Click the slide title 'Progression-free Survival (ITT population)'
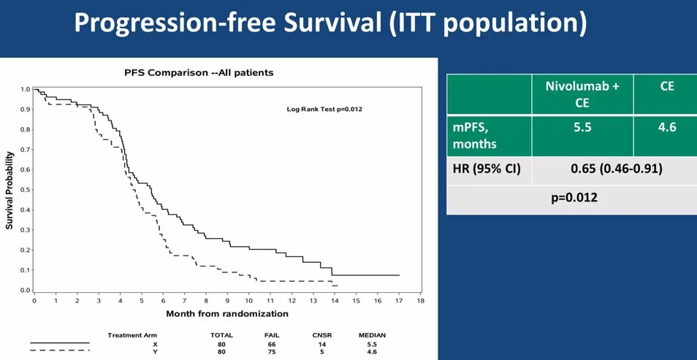coord(330,24)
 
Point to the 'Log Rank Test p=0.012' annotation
coord(324,109)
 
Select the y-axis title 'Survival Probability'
coord(9,191)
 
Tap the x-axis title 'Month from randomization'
coord(227,313)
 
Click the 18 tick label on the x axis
coord(420,300)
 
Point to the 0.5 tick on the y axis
coord(26,190)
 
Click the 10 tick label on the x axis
coord(248,300)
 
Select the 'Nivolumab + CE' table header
coord(582,94)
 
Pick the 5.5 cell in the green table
coord(582,127)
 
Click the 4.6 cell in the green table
coord(666,127)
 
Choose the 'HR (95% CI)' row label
coord(486,169)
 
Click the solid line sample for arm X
coord(60,342)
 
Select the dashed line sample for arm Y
coord(60,351)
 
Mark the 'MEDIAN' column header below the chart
coord(372,334)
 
